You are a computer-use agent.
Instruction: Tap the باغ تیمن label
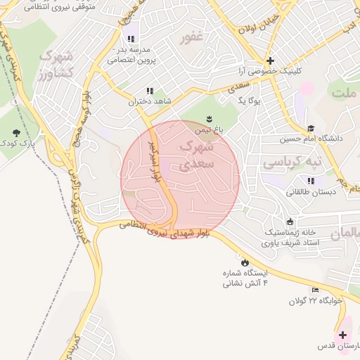coord(209,130)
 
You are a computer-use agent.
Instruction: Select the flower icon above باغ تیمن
coord(209,117)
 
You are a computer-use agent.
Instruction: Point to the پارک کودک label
coord(17,143)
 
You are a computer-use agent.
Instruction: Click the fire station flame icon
coord(244,262)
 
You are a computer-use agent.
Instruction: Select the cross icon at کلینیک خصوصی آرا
coord(270,60)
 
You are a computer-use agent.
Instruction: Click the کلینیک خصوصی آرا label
coord(270,72)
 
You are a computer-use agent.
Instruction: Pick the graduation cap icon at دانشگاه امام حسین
coord(310,128)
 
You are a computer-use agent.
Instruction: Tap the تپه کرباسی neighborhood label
coord(291,162)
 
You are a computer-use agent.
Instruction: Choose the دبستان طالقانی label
coord(308,191)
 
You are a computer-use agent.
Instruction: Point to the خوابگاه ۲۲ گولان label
coord(314,301)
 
